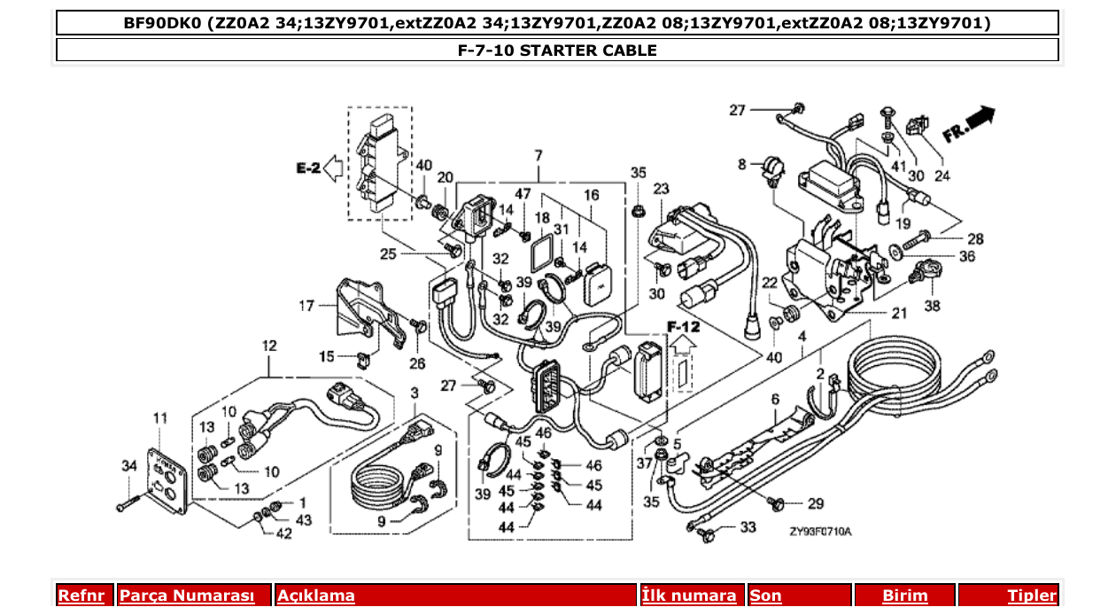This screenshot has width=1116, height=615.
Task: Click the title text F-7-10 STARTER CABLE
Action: click(x=557, y=51)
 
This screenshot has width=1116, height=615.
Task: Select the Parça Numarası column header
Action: click(x=186, y=596)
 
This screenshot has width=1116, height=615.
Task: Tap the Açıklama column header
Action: click(x=316, y=596)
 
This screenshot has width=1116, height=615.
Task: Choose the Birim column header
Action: click(x=904, y=596)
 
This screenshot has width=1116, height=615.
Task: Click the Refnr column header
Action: click(x=81, y=596)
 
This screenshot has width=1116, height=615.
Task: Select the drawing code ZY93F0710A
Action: click(x=820, y=532)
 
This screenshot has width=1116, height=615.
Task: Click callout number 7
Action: click(x=537, y=156)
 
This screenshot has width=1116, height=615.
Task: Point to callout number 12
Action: click(x=269, y=344)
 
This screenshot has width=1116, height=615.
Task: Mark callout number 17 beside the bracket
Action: click(x=306, y=307)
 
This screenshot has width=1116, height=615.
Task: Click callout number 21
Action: click(x=899, y=313)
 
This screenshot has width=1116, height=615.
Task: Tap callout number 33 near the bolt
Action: click(x=748, y=527)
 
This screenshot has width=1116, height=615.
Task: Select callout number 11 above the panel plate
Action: click(x=159, y=417)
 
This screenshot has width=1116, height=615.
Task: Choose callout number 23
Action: click(x=661, y=189)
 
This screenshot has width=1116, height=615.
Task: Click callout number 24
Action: click(x=942, y=175)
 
